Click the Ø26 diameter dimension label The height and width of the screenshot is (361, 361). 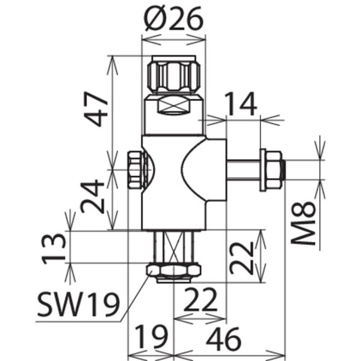(x=173, y=19)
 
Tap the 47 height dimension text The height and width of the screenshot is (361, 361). (x=96, y=109)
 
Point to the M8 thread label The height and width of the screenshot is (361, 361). (x=302, y=223)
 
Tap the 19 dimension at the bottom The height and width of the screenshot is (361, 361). (x=151, y=337)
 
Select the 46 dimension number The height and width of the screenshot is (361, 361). (x=223, y=339)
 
